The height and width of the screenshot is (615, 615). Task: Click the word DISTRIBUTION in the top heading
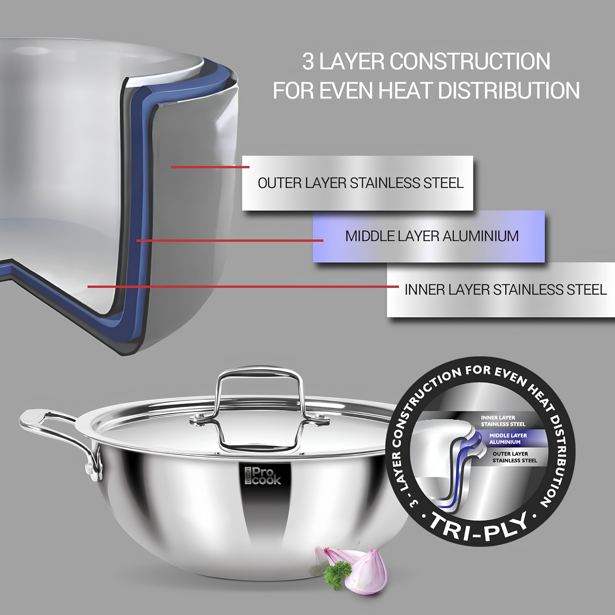click(509, 91)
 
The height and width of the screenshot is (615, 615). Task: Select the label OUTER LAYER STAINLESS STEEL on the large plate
click(360, 183)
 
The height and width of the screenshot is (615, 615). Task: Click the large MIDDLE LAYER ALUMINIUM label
click(432, 236)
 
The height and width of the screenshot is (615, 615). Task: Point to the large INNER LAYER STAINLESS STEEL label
click(506, 289)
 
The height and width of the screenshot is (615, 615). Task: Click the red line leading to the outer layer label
click(210, 167)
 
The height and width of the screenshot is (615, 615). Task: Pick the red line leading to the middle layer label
click(230, 240)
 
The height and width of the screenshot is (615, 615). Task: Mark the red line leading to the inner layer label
click(243, 286)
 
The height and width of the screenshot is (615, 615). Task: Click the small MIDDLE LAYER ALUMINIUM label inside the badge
click(508, 438)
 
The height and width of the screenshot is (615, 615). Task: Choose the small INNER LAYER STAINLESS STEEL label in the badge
click(503, 420)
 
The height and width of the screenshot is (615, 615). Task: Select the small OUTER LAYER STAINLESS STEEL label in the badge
click(515, 457)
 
